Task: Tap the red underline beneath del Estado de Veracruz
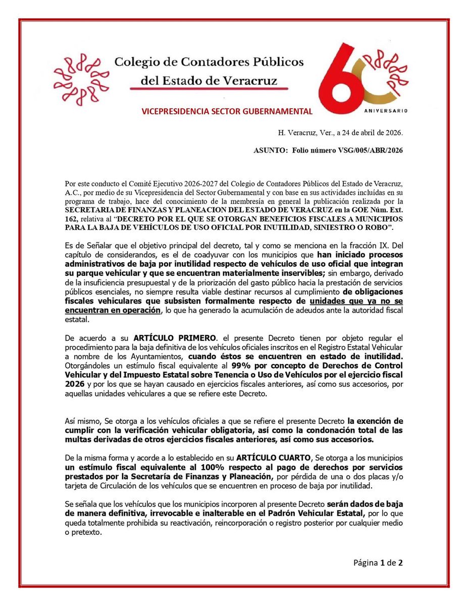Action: (209, 88)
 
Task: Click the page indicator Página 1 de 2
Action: (378, 563)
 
